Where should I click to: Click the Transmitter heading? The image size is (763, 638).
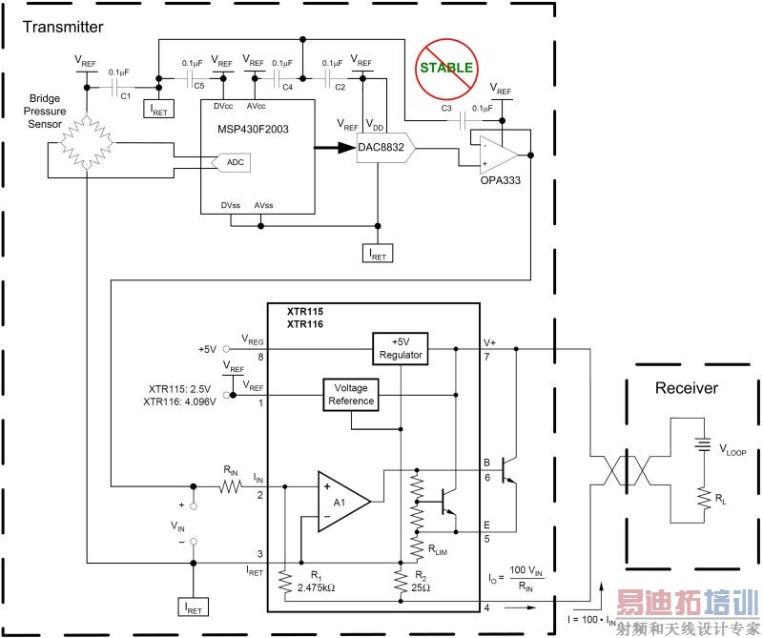click(x=64, y=27)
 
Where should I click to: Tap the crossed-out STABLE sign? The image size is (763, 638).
click(x=445, y=68)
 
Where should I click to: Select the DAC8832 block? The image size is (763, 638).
click(x=386, y=148)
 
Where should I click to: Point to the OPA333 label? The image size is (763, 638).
click(x=501, y=178)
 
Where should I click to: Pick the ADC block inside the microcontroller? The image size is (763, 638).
click(x=236, y=163)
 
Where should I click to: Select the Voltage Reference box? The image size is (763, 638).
click(x=351, y=394)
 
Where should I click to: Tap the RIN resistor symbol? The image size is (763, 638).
click(x=232, y=486)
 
